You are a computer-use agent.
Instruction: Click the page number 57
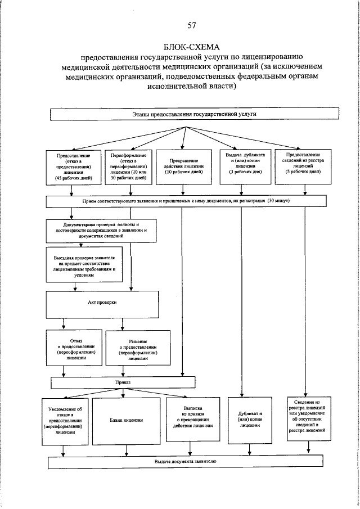191,25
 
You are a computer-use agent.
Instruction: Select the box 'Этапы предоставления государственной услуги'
190,114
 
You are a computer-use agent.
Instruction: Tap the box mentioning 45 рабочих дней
73,166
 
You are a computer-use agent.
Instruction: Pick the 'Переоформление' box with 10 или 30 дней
128,166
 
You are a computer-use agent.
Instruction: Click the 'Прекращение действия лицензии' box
183,166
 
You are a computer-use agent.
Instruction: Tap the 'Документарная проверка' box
101,231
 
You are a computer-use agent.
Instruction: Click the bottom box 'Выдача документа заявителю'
185,462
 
